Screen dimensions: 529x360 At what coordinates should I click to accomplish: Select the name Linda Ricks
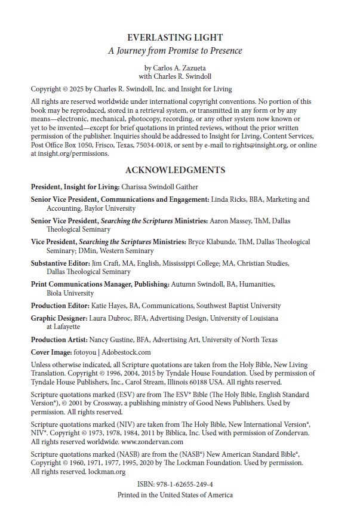(x=228, y=199)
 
